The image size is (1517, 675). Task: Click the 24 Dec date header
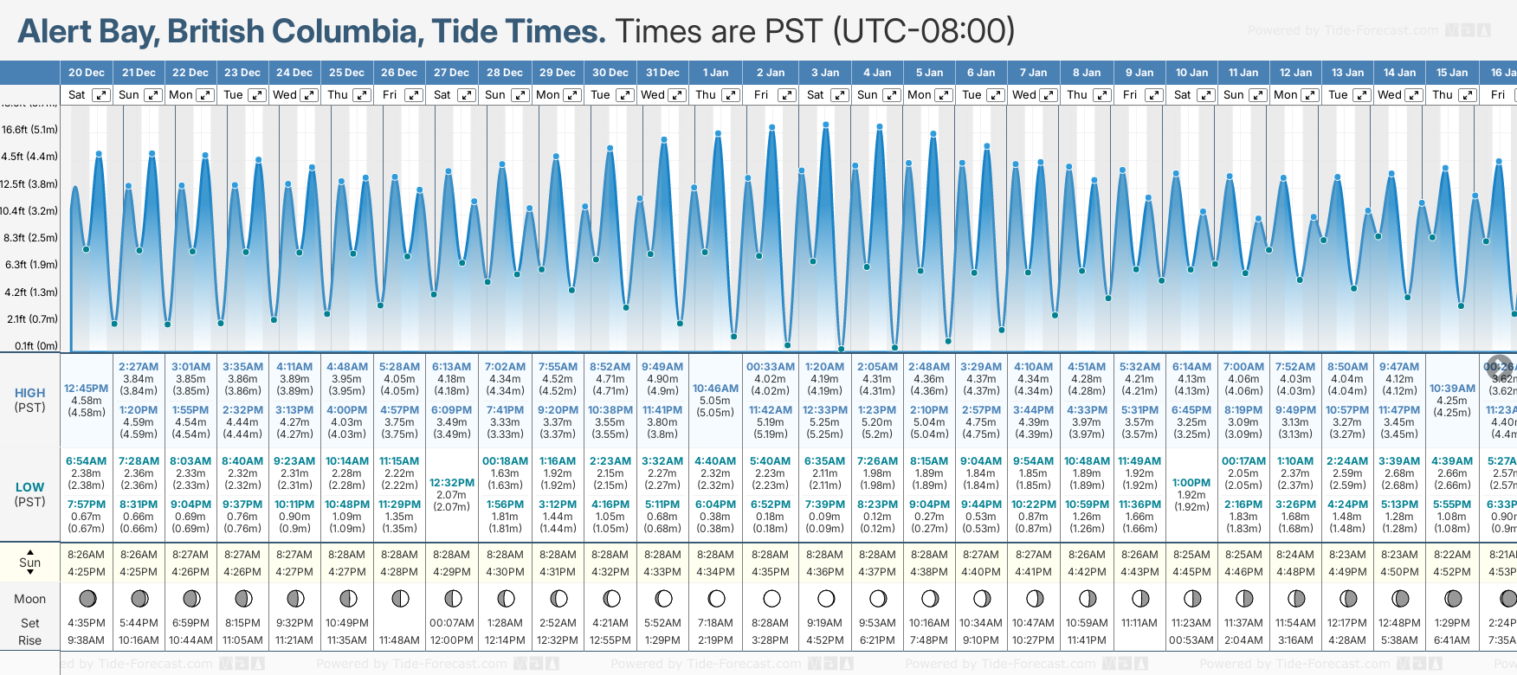(294, 73)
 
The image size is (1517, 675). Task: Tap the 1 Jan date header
(715, 73)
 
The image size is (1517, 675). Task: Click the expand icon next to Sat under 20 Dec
(100, 95)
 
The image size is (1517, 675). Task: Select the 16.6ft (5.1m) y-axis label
(29, 130)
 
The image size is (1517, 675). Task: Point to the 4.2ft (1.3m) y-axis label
(31, 292)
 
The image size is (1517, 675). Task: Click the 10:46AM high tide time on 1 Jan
(715, 389)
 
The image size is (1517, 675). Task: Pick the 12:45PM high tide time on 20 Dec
(86, 389)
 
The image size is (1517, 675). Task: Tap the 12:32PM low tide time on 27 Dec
(452, 483)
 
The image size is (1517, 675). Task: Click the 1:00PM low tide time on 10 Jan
(1191, 483)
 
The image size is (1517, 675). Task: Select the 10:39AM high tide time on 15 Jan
(1452, 389)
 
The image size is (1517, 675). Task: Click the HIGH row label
(30, 393)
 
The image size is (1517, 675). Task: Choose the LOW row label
(30, 488)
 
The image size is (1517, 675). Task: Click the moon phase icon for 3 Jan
(826, 598)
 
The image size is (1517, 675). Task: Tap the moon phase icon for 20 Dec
(87, 598)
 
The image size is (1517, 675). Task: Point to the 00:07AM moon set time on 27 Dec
(452, 623)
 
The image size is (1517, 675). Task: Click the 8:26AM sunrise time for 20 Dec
(86, 555)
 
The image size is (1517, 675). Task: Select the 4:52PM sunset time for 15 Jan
(1452, 572)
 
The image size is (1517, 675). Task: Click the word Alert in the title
(55, 32)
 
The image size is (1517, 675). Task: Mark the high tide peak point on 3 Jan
(826, 125)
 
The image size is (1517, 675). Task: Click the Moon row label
(30, 599)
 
